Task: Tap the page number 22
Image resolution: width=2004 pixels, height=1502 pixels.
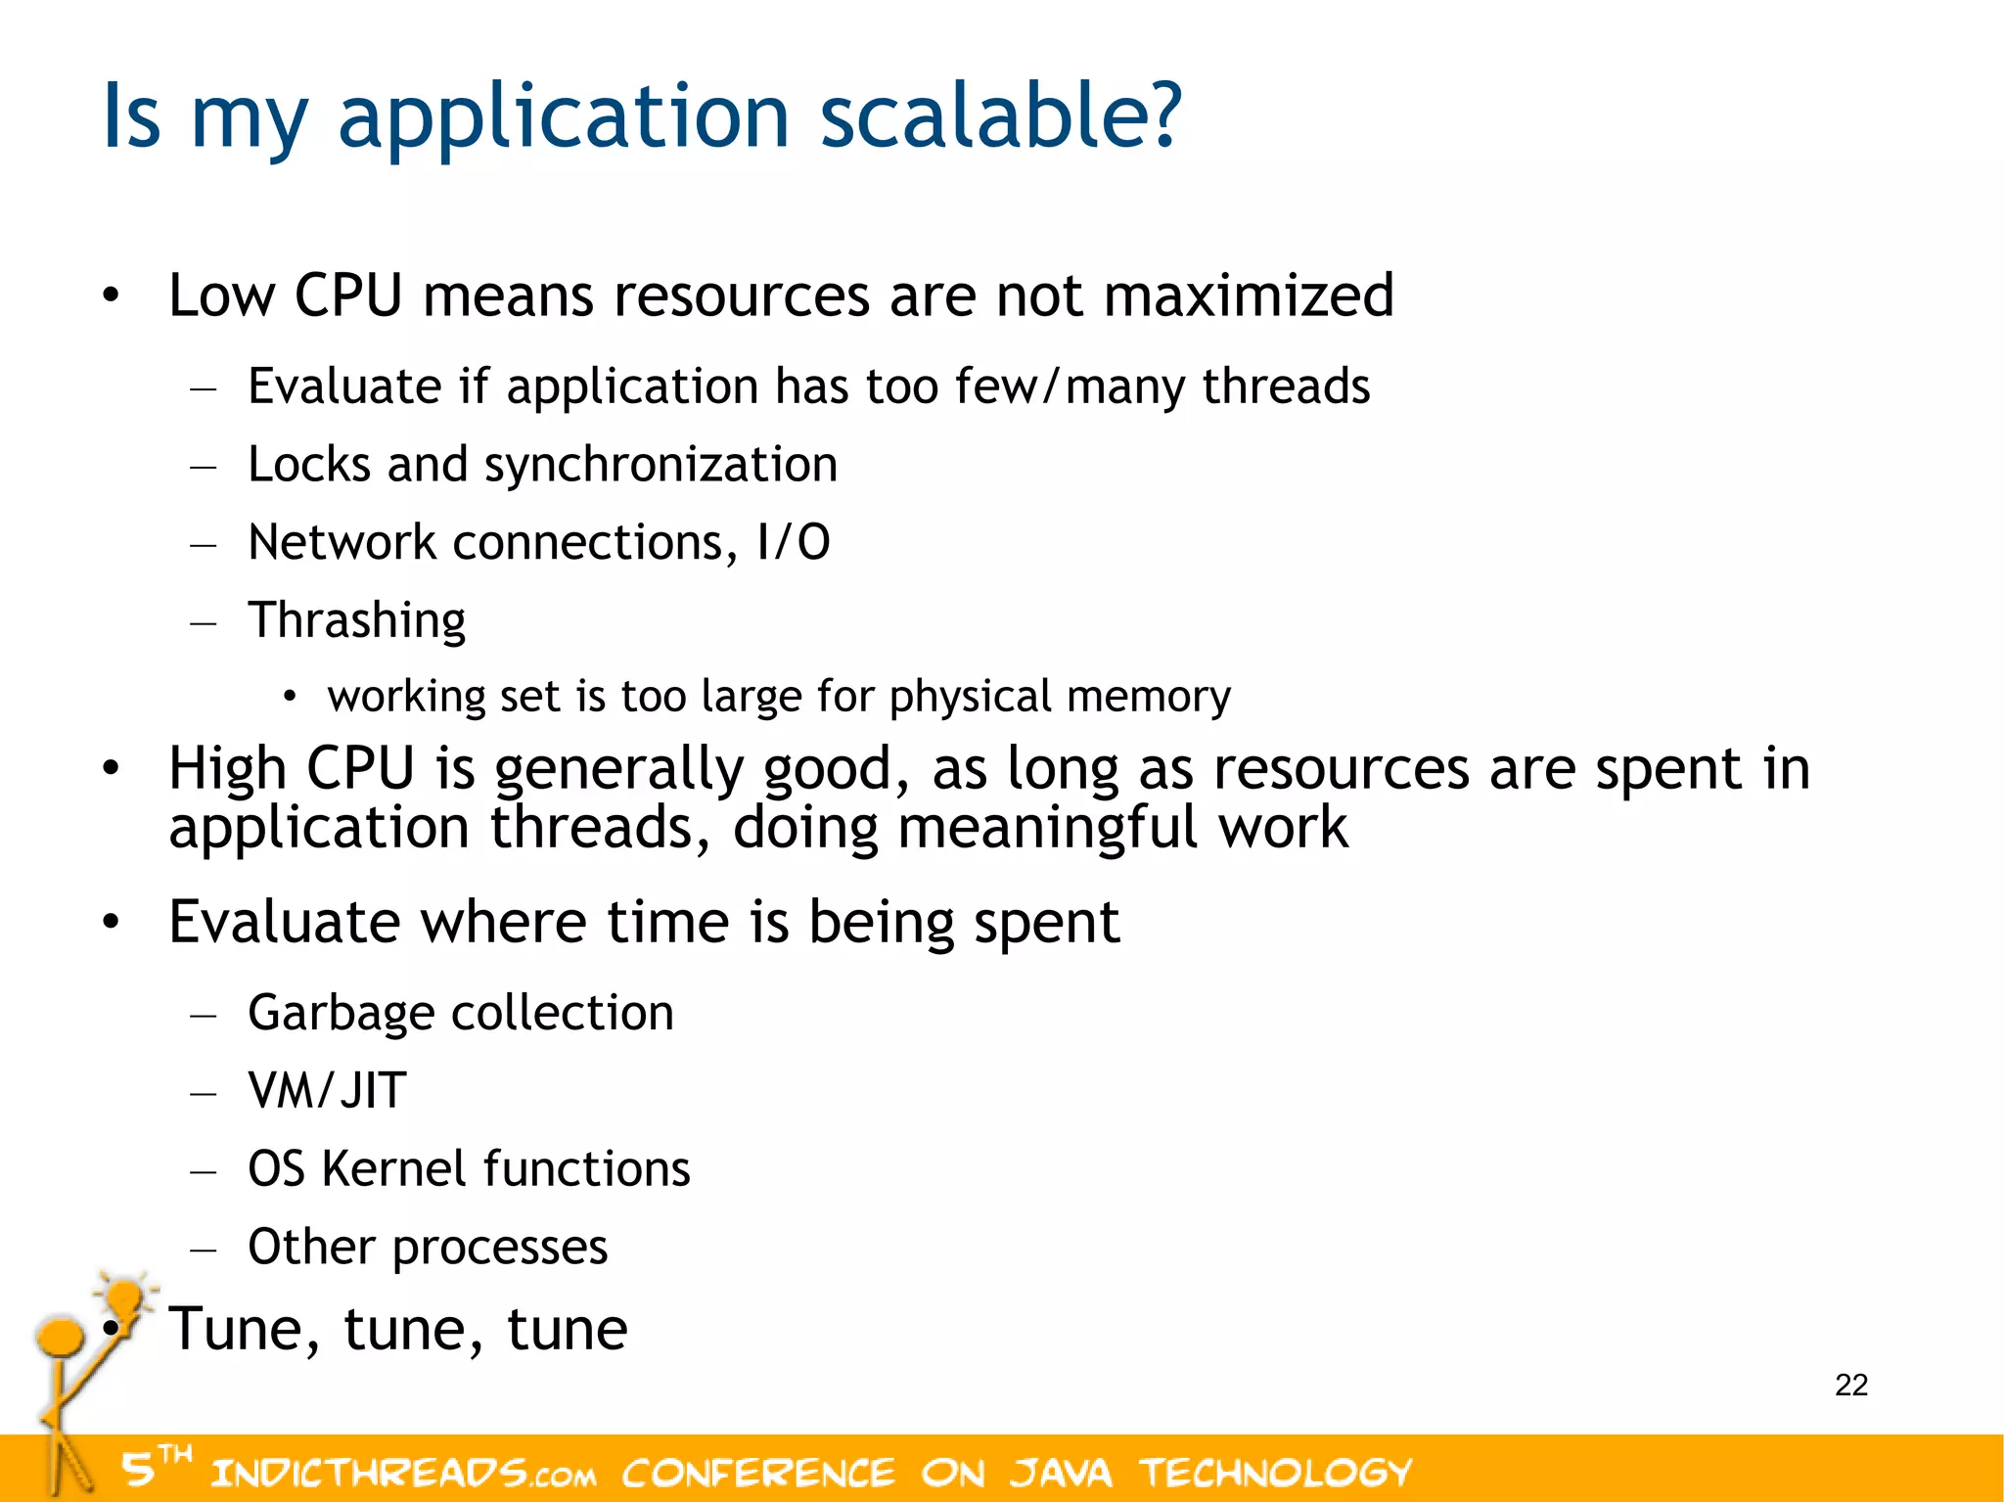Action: click(1850, 1385)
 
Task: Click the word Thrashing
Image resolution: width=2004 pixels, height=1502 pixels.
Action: click(356, 620)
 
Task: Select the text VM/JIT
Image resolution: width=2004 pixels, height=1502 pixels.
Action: click(327, 1090)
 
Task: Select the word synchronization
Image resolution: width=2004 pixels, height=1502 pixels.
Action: click(660, 464)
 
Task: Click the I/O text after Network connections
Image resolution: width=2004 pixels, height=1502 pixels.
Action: click(793, 542)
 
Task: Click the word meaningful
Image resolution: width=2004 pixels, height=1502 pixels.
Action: click(1047, 828)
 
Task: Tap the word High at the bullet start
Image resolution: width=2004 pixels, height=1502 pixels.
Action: click(227, 768)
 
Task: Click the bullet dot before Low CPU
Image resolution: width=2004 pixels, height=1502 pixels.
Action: click(112, 296)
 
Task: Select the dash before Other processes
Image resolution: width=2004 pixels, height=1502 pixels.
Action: click(204, 1249)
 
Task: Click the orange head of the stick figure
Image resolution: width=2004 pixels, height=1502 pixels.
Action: click(59, 1337)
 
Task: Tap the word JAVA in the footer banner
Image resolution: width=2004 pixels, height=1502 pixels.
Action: click(1061, 1473)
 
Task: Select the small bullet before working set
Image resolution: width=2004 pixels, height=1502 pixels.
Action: click(289, 697)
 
